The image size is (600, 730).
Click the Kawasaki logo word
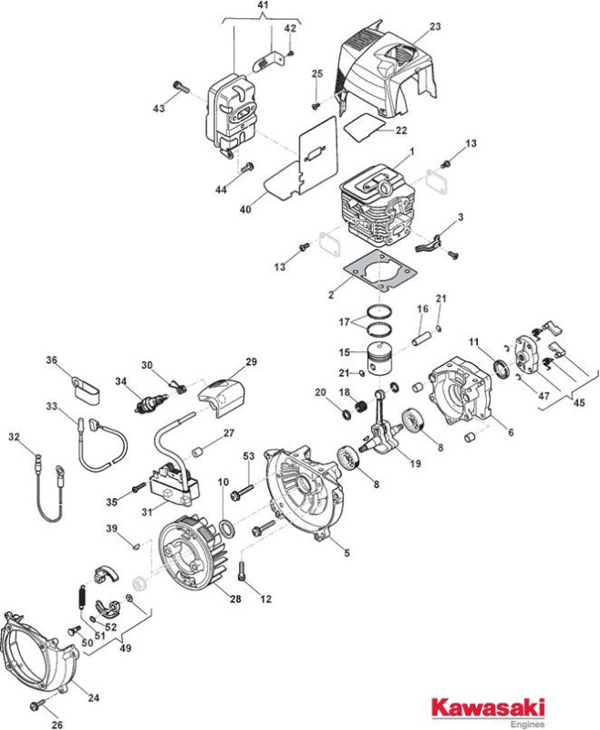point(488,707)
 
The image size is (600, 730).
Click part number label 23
point(435,26)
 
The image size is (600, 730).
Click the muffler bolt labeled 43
point(181,87)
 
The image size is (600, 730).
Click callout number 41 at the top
point(263,5)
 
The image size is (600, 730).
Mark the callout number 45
point(579,402)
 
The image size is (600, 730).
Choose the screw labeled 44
point(247,167)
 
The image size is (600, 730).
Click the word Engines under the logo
point(527,724)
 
